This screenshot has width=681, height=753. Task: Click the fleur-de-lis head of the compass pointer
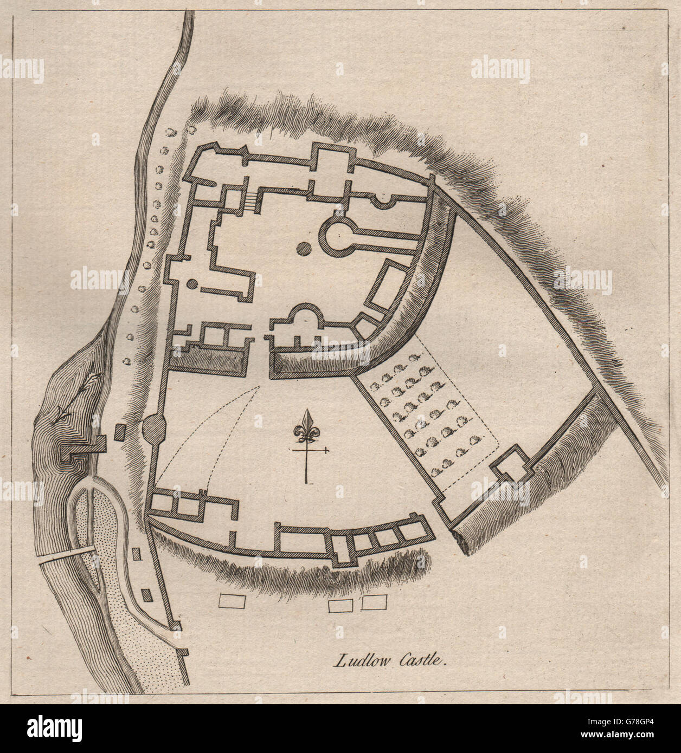[309, 427]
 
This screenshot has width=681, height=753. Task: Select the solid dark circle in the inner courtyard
[304, 249]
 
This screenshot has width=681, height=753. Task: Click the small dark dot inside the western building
[191, 283]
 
